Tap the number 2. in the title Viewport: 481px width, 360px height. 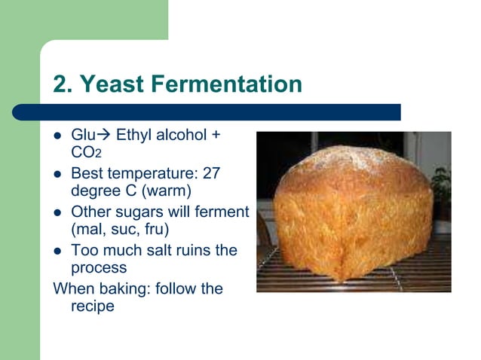[64, 84]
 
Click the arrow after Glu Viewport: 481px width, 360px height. [103, 136]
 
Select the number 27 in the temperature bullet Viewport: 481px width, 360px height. [211, 173]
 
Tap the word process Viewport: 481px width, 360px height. [99, 268]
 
